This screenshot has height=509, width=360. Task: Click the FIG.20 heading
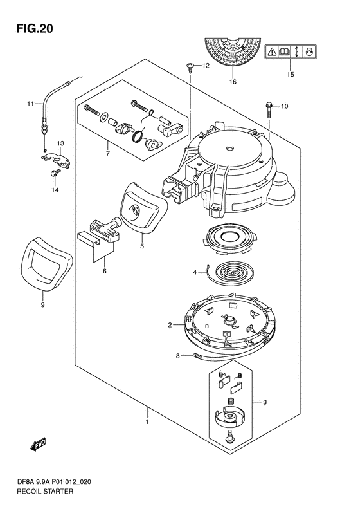point(35,28)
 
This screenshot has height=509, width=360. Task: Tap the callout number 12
point(206,66)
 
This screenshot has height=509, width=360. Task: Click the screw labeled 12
point(190,68)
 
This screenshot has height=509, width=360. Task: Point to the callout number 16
point(233,82)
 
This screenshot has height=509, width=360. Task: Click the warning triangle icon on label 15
point(272,51)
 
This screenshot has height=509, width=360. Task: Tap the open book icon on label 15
point(284,51)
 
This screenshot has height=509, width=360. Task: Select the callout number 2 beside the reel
point(170,324)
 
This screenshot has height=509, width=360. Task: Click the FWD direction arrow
point(38,444)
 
